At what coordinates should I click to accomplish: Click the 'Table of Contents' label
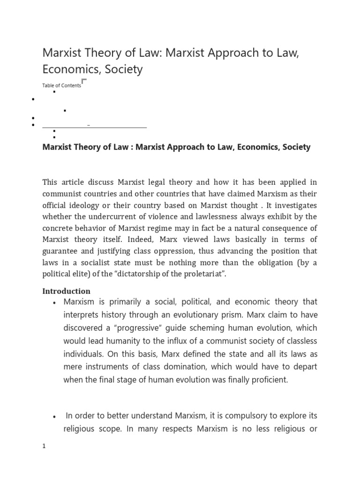coord(61,86)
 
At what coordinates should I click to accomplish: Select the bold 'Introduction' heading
coord(66,291)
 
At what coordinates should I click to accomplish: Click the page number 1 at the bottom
coord(44,446)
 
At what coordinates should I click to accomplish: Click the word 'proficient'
coord(264,380)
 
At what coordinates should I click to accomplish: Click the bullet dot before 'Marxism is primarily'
coord(55,302)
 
